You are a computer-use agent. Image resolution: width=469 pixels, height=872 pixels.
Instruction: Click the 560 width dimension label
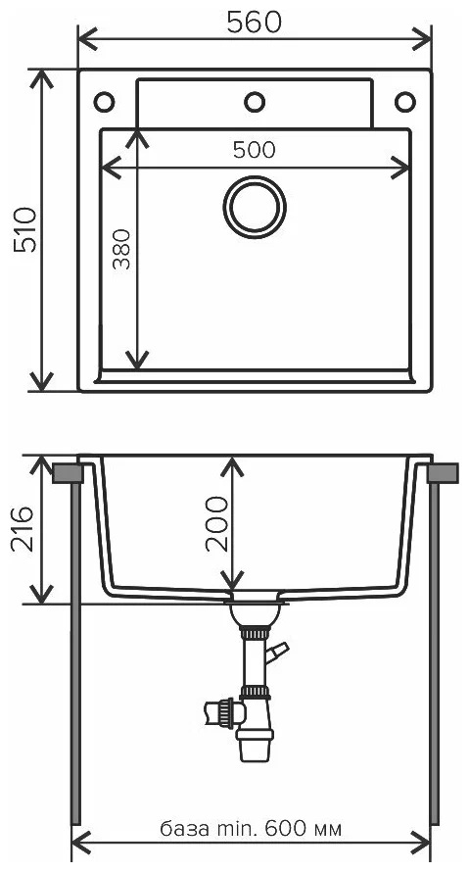(254, 23)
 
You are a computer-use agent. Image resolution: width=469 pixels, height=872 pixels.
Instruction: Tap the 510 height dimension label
(25, 229)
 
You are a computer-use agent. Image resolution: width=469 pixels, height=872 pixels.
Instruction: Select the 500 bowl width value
(254, 150)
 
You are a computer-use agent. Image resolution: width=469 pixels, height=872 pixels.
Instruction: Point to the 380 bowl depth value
(121, 249)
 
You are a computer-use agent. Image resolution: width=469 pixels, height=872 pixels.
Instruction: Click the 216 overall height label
(23, 529)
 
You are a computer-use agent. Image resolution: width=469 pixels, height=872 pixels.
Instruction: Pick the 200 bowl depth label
(216, 524)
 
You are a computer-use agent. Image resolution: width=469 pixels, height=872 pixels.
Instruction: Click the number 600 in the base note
(284, 829)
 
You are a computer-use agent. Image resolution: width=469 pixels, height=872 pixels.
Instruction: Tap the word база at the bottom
(184, 830)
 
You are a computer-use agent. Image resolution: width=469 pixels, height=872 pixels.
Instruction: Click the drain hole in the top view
(255, 207)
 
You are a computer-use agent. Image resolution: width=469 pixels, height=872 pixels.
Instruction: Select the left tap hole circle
(104, 102)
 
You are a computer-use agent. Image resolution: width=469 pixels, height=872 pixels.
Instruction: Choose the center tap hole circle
(255, 102)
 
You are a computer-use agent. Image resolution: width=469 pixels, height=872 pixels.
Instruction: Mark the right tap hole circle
(405, 102)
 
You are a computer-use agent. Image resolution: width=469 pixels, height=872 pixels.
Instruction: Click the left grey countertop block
(68, 472)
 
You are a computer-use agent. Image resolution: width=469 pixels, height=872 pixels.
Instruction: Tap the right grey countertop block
(443, 472)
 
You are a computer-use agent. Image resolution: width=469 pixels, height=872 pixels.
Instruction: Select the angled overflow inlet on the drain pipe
(277, 652)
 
